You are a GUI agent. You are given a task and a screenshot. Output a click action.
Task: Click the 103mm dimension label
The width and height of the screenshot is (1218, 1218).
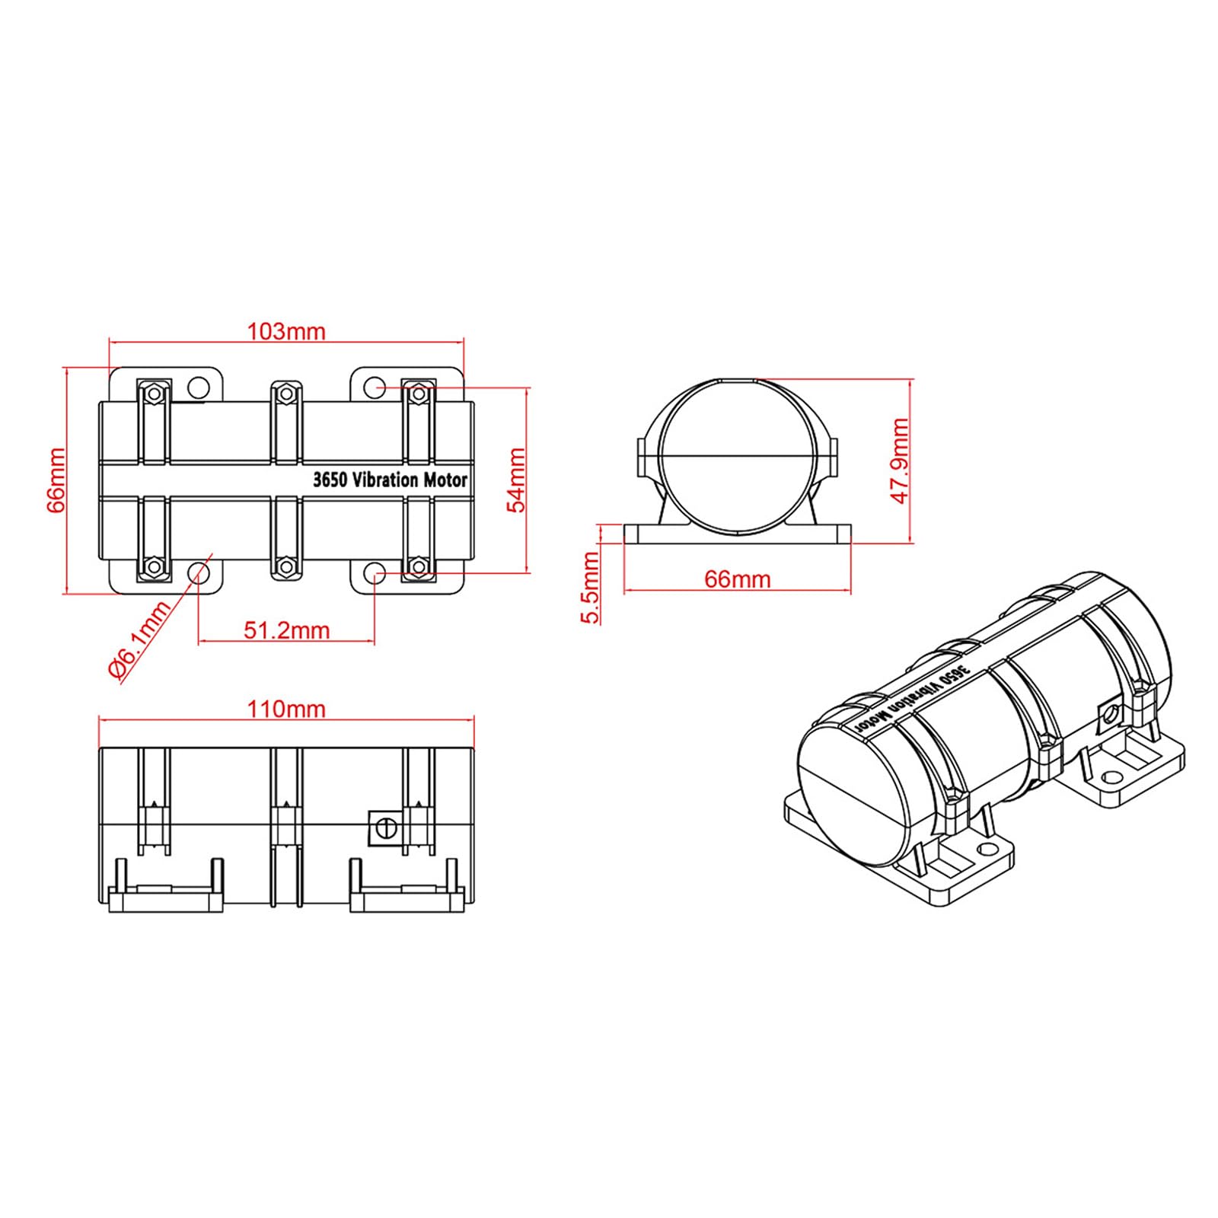(286, 332)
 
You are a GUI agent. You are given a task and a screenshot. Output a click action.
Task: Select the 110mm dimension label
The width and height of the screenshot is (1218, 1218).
(286, 709)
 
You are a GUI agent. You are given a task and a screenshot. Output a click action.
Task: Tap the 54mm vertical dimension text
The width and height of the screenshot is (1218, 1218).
(516, 480)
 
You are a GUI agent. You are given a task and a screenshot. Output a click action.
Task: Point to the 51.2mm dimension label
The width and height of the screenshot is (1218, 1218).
(287, 630)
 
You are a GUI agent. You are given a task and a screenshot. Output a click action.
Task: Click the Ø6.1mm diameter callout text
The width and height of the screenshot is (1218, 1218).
(139, 639)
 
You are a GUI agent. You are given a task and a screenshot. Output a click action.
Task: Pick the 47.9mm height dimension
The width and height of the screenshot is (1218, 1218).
(901, 461)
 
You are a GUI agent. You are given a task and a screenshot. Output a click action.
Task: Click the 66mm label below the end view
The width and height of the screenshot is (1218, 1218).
(737, 579)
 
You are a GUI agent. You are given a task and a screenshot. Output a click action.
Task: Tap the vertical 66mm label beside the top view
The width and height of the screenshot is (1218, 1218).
(56, 480)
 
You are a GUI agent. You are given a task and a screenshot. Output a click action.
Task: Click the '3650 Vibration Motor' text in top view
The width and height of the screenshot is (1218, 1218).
(391, 480)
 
